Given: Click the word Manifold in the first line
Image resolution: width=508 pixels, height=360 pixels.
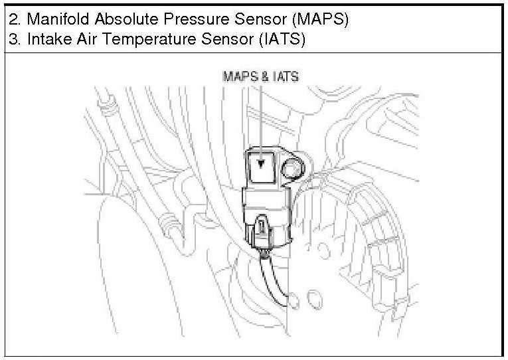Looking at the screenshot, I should pos(52,19).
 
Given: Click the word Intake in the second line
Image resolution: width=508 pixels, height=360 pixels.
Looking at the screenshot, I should pos(41,39).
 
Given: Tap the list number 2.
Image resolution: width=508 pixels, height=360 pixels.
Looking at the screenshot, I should pos(13,19).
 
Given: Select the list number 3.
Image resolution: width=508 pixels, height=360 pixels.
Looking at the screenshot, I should pos(13,39).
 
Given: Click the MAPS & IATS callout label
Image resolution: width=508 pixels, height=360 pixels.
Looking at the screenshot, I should pos(260,77).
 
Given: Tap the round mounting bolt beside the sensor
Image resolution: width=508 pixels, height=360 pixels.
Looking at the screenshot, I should pos(293,171).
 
